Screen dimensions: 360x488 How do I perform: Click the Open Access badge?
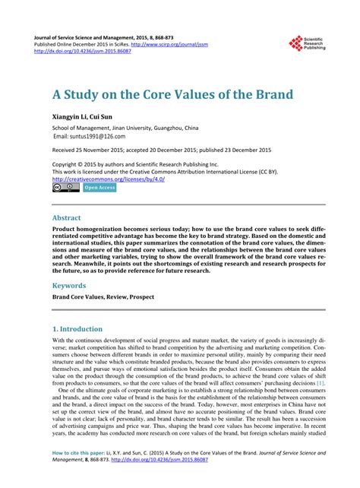pyautogui.click(x=99, y=187)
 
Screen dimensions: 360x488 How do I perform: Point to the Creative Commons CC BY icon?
pyautogui.click(x=66, y=187)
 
